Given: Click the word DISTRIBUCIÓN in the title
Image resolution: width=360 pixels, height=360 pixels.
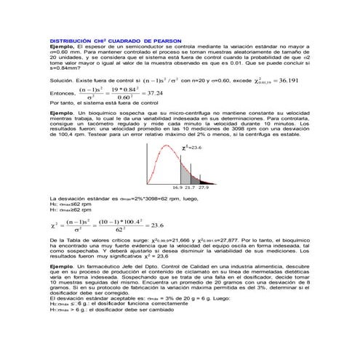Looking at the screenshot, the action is point(70,40).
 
